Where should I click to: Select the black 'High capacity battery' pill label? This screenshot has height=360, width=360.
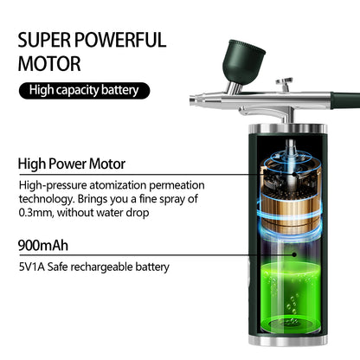point(83,90)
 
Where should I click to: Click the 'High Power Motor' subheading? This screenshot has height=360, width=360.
point(72,164)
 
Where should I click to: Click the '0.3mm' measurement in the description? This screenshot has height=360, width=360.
point(35,212)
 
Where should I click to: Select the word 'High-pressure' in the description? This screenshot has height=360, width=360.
point(51,185)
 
